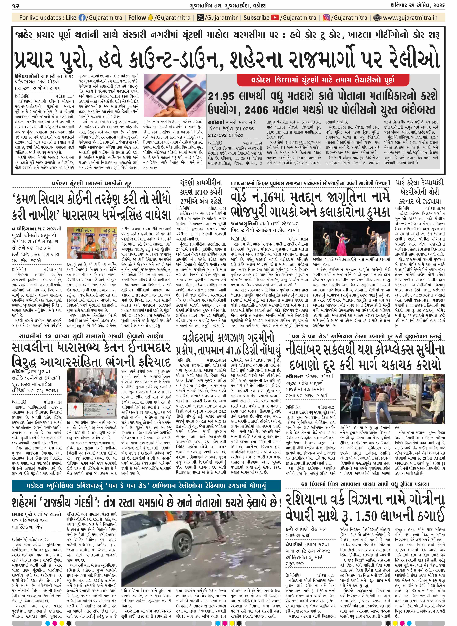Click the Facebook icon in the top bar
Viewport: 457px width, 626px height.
82,18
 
